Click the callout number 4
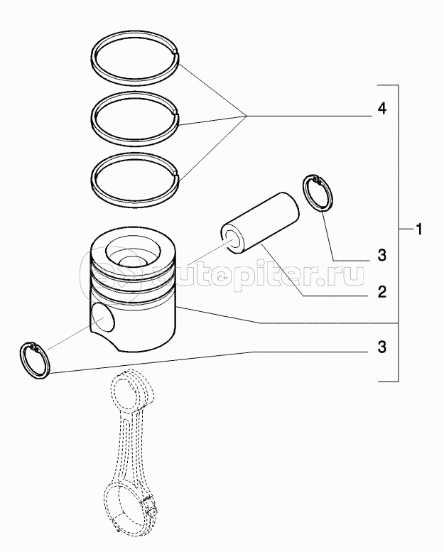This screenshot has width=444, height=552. (381, 109)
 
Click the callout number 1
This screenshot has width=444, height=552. (419, 230)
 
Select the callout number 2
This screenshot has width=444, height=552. (382, 292)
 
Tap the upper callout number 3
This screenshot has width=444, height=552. (382, 255)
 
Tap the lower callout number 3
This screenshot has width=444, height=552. (382, 347)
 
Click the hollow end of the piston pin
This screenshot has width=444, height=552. (232, 240)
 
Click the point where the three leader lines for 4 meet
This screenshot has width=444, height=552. (246, 116)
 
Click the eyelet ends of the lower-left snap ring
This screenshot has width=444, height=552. (34, 347)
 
